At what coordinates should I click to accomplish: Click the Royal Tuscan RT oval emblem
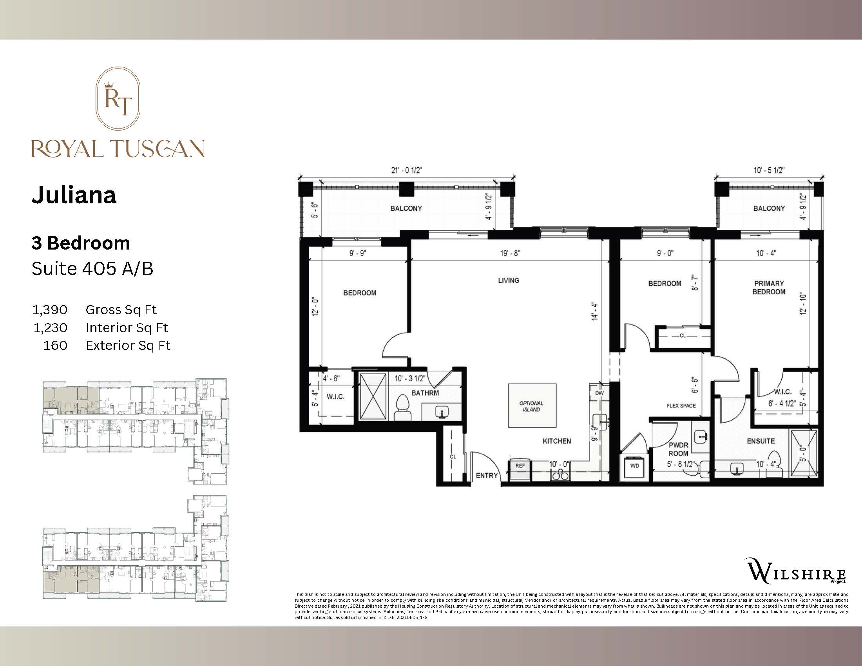118,98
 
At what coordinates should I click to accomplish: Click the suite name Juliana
74,195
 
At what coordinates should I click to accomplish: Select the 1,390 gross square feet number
50,310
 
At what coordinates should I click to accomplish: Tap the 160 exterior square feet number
55,346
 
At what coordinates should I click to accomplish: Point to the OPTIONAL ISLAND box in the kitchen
532,406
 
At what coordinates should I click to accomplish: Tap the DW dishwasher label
599,393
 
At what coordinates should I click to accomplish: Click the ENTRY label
487,476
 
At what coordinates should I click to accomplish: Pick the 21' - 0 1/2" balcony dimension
407,170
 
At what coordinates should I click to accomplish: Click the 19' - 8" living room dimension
510,253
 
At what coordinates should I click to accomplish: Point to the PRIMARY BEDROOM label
768,288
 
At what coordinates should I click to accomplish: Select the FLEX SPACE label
681,405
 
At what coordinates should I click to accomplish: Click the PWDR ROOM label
678,449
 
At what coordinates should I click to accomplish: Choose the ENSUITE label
761,441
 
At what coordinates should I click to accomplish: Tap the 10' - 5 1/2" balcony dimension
768,170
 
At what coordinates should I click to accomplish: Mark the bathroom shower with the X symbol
373,396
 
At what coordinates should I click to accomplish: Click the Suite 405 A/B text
92,269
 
